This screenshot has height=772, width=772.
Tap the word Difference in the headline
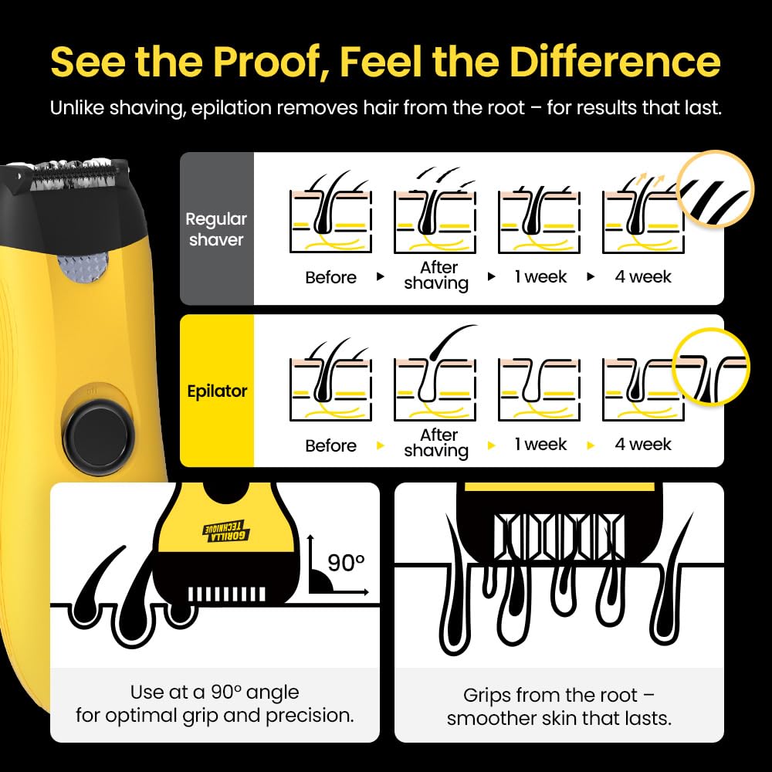click(615, 62)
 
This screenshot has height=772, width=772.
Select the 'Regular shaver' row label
click(216, 229)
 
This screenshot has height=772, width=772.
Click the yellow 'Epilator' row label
click(217, 391)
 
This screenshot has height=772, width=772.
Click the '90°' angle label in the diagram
click(346, 563)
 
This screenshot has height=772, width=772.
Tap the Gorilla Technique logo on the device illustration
click(226, 532)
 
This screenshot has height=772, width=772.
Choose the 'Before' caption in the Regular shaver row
click(330, 277)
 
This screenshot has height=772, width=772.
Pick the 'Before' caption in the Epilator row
click(330, 445)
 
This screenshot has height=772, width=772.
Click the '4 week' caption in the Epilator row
click(642, 444)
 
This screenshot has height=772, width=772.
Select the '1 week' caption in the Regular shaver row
click(540, 276)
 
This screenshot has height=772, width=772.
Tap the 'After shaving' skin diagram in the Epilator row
click(435, 375)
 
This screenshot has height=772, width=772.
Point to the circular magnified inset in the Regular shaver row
click(715, 189)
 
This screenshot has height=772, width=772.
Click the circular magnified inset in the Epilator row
click(711, 367)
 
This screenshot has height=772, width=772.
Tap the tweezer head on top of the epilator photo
click(74, 175)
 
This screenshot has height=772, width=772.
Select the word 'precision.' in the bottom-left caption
click(310, 716)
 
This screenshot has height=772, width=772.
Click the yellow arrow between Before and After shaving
click(380, 445)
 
